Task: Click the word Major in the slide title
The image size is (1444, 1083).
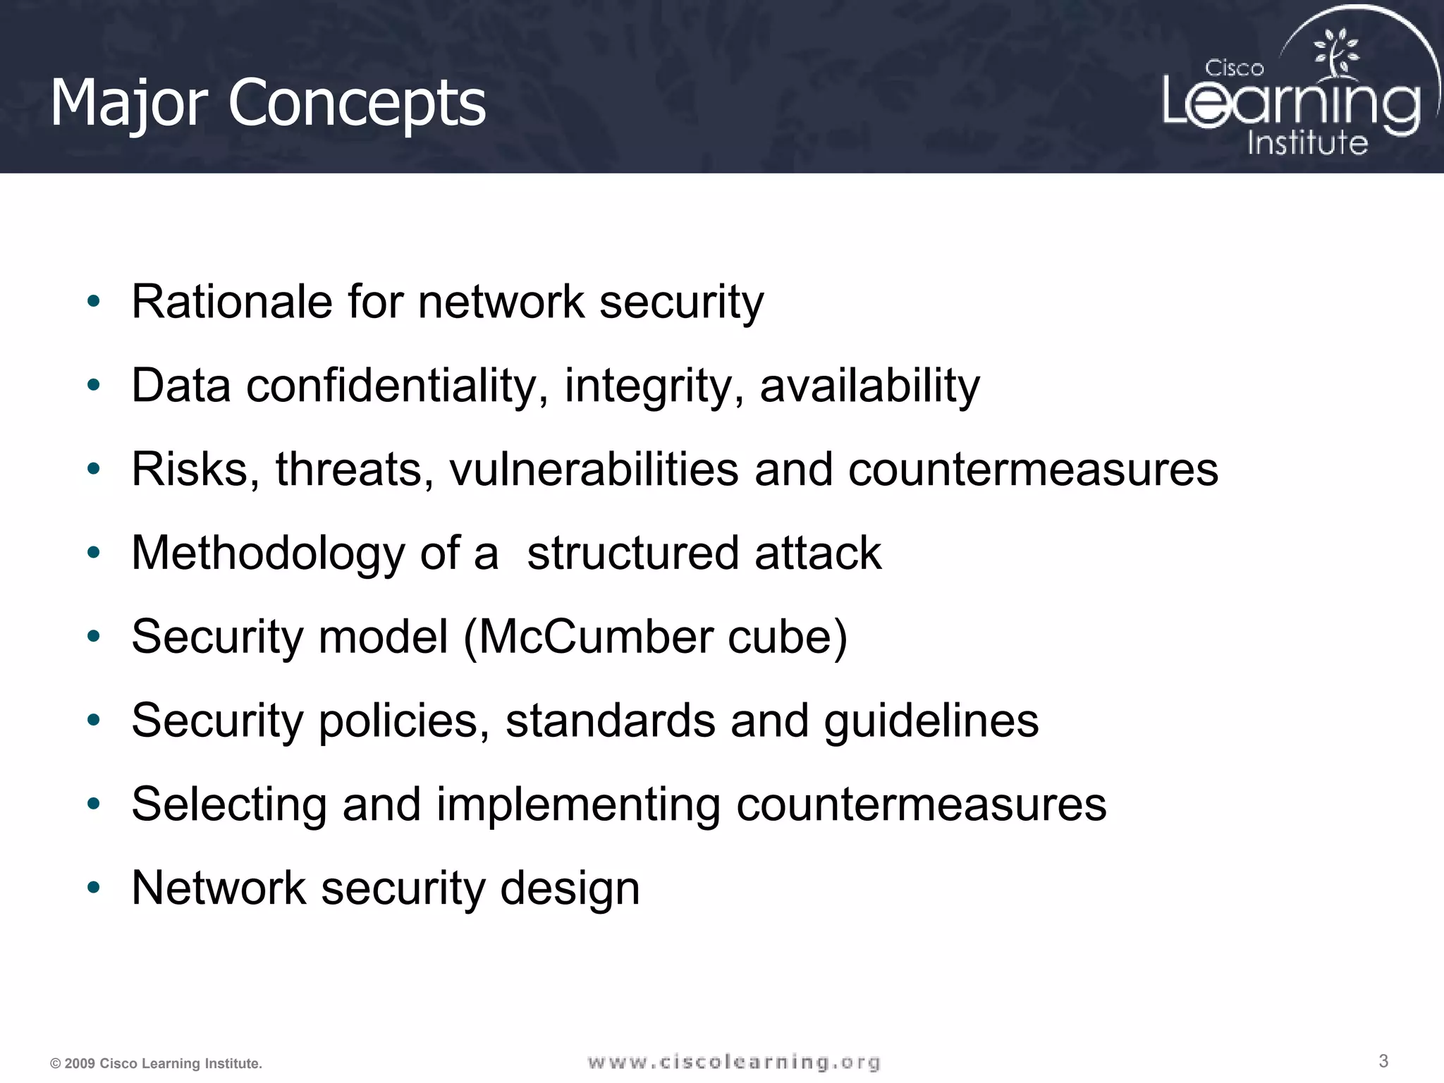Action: [129, 104]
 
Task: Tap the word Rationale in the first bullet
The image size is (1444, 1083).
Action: [232, 302]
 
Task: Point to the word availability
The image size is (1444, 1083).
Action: [869, 386]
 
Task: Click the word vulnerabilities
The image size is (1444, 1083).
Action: [594, 470]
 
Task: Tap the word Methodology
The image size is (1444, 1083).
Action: [267, 553]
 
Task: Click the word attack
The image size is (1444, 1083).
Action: [817, 553]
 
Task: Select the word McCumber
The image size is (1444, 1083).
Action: [596, 637]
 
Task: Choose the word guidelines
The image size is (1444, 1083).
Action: [931, 721]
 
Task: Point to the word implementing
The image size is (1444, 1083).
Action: [578, 804]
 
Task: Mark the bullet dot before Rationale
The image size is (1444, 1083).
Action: [94, 302]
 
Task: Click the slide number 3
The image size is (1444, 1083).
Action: [1383, 1060]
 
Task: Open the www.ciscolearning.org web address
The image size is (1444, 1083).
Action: [734, 1062]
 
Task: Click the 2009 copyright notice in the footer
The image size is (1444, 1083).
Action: [156, 1063]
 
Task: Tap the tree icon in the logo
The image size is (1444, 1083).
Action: [1335, 53]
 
